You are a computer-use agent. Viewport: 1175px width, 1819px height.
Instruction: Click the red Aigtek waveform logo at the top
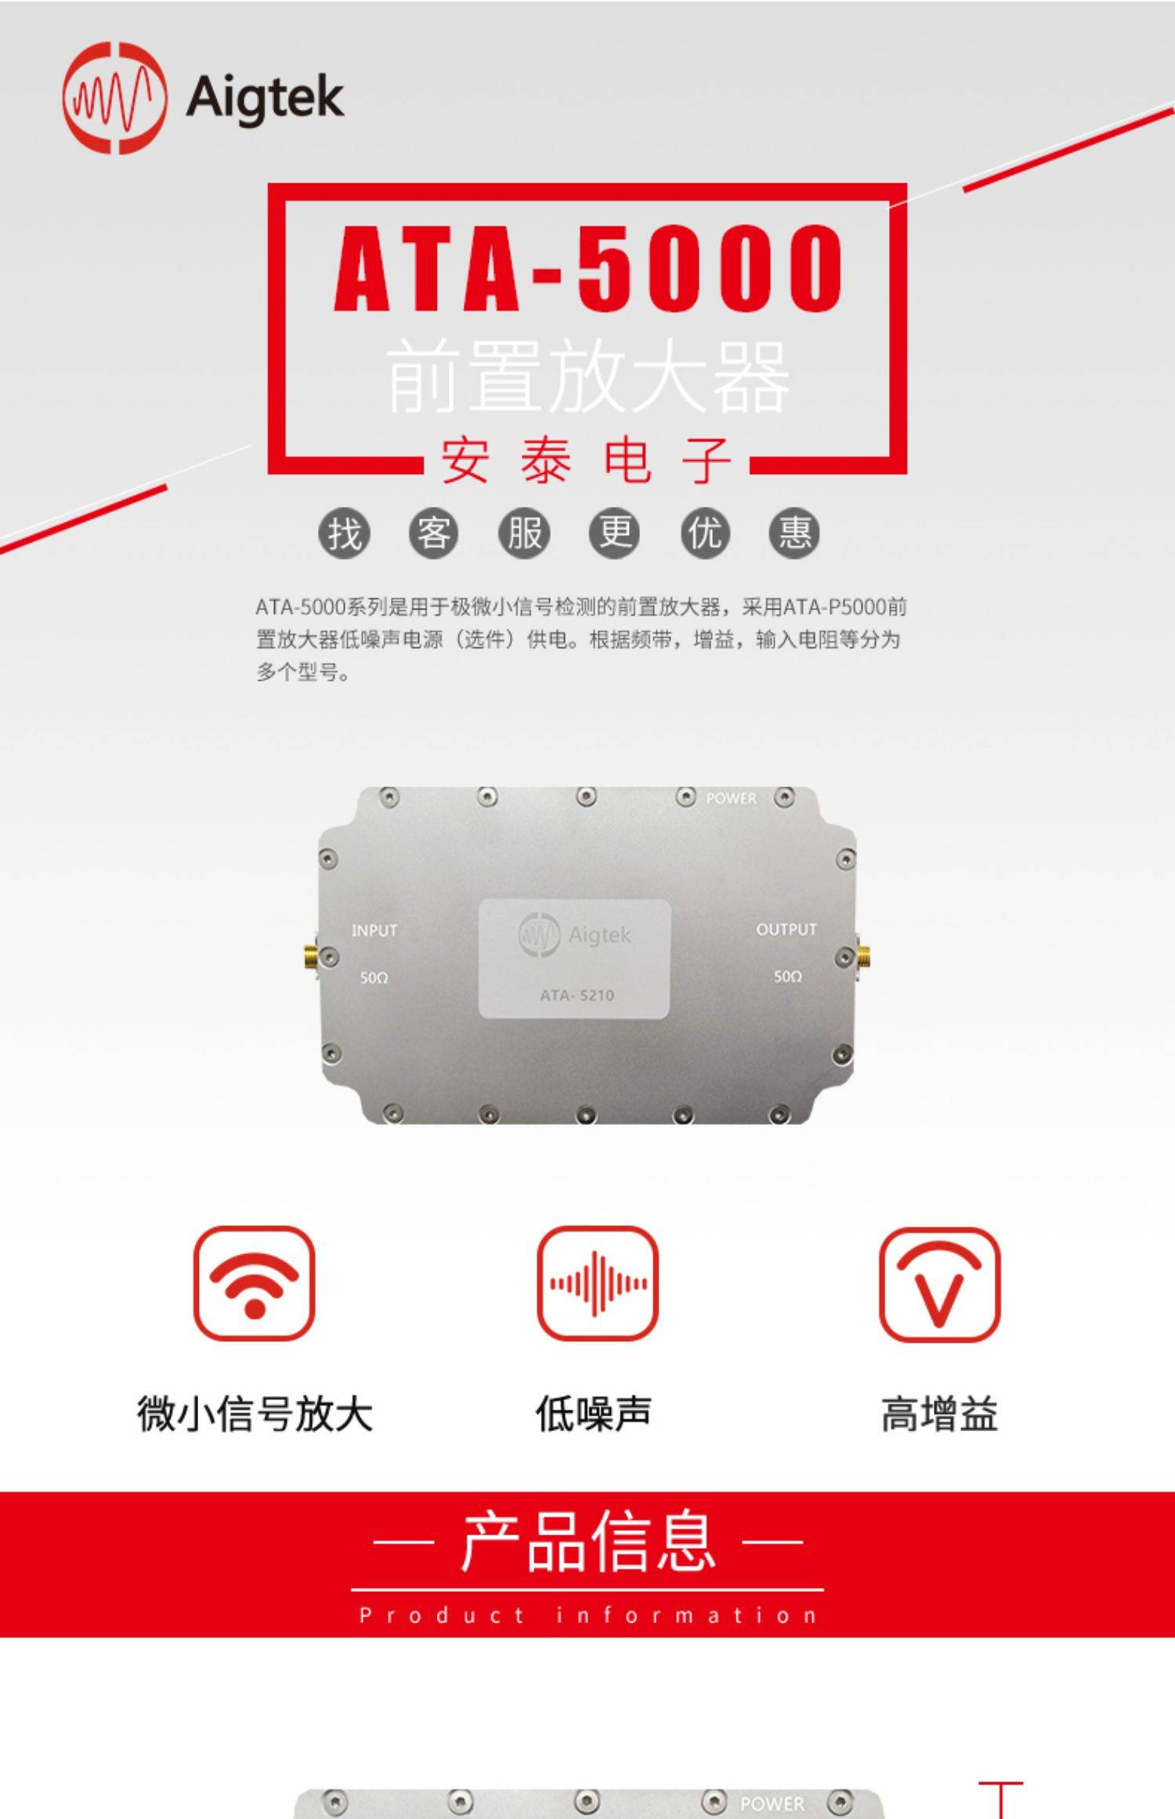(114, 98)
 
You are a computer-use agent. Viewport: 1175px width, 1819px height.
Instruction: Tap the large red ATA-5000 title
(587, 267)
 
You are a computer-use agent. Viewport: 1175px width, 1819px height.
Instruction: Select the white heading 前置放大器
(587, 377)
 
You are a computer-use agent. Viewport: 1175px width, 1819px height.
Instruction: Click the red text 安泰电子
(587, 461)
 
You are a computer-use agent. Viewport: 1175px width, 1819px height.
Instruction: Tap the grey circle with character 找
(344, 534)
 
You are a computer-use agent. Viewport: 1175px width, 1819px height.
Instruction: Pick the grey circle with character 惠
(794, 534)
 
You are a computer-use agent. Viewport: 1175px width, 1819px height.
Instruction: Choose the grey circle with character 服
(524, 534)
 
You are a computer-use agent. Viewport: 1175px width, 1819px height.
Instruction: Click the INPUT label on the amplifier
(374, 931)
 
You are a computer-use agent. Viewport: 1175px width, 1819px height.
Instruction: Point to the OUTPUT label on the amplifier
(786, 929)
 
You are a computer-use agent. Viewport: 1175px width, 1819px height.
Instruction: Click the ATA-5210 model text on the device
(577, 996)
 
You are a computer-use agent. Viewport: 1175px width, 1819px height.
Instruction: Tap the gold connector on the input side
(309, 957)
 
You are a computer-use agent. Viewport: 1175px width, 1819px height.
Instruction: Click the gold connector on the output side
(863, 956)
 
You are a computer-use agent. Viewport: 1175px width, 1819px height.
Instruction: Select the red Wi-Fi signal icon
(254, 1283)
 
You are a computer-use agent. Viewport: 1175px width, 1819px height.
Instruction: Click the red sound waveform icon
(598, 1283)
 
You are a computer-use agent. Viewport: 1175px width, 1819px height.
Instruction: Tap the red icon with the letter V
(939, 1283)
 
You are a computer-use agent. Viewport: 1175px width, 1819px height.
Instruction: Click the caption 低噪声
(594, 1414)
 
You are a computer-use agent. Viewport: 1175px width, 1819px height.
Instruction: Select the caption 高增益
(939, 1414)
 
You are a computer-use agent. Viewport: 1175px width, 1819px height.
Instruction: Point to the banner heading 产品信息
(587, 1542)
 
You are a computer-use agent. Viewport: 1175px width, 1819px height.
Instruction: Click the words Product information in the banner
(587, 1615)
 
